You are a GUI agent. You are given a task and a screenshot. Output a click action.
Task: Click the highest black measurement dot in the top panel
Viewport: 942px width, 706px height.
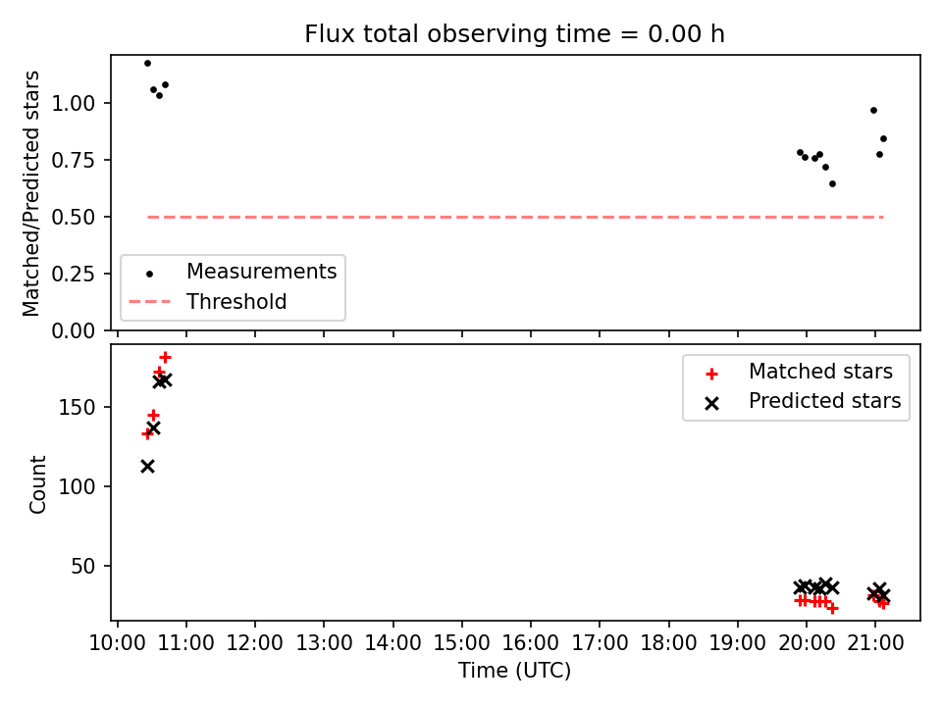pos(147,63)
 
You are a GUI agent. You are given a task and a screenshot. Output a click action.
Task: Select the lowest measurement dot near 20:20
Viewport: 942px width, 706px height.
pos(832,183)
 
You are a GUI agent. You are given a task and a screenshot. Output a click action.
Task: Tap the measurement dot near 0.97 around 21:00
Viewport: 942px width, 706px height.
pos(873,111)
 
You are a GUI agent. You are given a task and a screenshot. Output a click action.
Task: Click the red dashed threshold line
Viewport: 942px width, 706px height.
pos(515,217)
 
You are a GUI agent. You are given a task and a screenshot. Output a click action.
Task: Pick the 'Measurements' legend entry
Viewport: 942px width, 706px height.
pos(234,272)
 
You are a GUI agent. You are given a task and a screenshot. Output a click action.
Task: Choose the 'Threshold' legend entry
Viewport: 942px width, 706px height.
pos(208,301)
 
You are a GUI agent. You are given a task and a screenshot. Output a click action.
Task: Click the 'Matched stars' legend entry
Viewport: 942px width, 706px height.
pos(799,372)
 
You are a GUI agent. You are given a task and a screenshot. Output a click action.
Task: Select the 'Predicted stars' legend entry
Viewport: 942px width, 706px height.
pos(804,401)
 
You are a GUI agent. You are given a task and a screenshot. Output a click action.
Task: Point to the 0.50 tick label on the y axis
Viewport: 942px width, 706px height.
pos(74,217)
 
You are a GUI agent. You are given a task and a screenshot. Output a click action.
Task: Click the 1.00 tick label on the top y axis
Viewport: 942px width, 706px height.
pos(74,103)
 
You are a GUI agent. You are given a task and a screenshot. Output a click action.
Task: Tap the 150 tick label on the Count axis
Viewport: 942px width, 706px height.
pos(77,407)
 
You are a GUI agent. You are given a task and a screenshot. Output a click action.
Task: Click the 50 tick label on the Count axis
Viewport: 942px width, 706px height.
pos(83,566)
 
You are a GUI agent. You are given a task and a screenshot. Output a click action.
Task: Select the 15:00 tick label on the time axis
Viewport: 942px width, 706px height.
pos(461,643)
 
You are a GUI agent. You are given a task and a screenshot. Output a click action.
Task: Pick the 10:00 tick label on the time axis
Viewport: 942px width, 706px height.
pos(117,643)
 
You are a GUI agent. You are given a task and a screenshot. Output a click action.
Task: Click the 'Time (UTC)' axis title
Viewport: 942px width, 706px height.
pos(514,670)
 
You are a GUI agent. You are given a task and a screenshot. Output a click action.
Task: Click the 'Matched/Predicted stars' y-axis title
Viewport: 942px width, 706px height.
pos(31,193)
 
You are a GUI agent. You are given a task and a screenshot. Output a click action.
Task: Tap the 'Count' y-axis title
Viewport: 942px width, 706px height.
pos(37,484)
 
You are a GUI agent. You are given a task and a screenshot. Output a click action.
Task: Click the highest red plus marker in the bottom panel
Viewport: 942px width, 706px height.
pos(165,358)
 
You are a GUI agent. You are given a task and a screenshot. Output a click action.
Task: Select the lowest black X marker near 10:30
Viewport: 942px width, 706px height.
pos(147,467)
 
